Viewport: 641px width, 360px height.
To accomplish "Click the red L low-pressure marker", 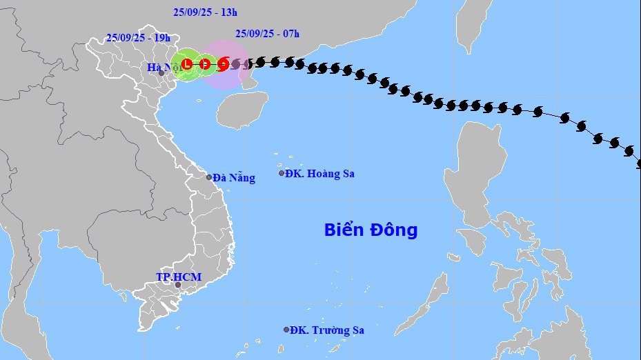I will tap(187, 65).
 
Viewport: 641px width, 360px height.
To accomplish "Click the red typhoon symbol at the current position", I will tap(223, 65).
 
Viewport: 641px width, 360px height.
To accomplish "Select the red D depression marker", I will tap(205, 65).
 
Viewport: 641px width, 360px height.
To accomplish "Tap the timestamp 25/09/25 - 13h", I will tap(205, 12).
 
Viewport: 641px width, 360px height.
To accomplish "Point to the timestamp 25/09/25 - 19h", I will tap(139, 38).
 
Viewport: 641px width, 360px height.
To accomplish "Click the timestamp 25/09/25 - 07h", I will tap(267, 33).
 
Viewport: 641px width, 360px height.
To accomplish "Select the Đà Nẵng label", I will tap(234, 178).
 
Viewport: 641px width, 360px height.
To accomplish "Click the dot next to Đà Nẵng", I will tap(209, 177).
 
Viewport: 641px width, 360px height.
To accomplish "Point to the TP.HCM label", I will tap(178, 277).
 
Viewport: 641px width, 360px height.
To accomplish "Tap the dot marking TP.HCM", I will tap(177, 285).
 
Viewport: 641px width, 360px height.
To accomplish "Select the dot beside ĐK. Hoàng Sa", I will tap(282, 173).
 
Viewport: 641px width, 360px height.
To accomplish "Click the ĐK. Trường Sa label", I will tap(327, 330).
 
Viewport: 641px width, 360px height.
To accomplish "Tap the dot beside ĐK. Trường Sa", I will tap(286, 330).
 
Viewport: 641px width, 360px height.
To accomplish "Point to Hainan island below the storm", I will tap(241, 109).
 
